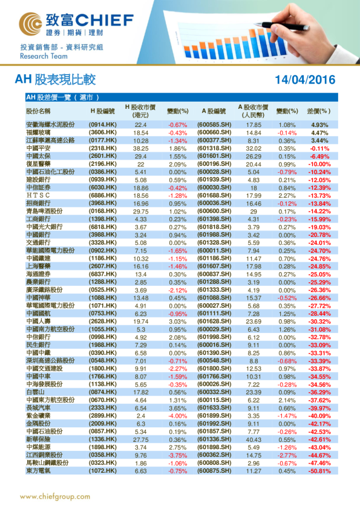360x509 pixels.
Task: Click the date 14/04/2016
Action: [304, 80]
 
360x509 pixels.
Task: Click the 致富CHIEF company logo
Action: [76, 25]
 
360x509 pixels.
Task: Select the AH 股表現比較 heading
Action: [55, 80]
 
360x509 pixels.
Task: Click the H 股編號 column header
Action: [103, 111]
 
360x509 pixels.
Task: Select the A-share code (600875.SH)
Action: [214, 471]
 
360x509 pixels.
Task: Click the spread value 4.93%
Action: [319, 125]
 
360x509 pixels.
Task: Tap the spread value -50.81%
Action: [319, 471]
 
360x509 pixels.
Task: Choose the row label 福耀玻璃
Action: [38, 132]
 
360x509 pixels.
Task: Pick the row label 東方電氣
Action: [38, 471]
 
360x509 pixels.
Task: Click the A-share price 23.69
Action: [254, 322]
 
